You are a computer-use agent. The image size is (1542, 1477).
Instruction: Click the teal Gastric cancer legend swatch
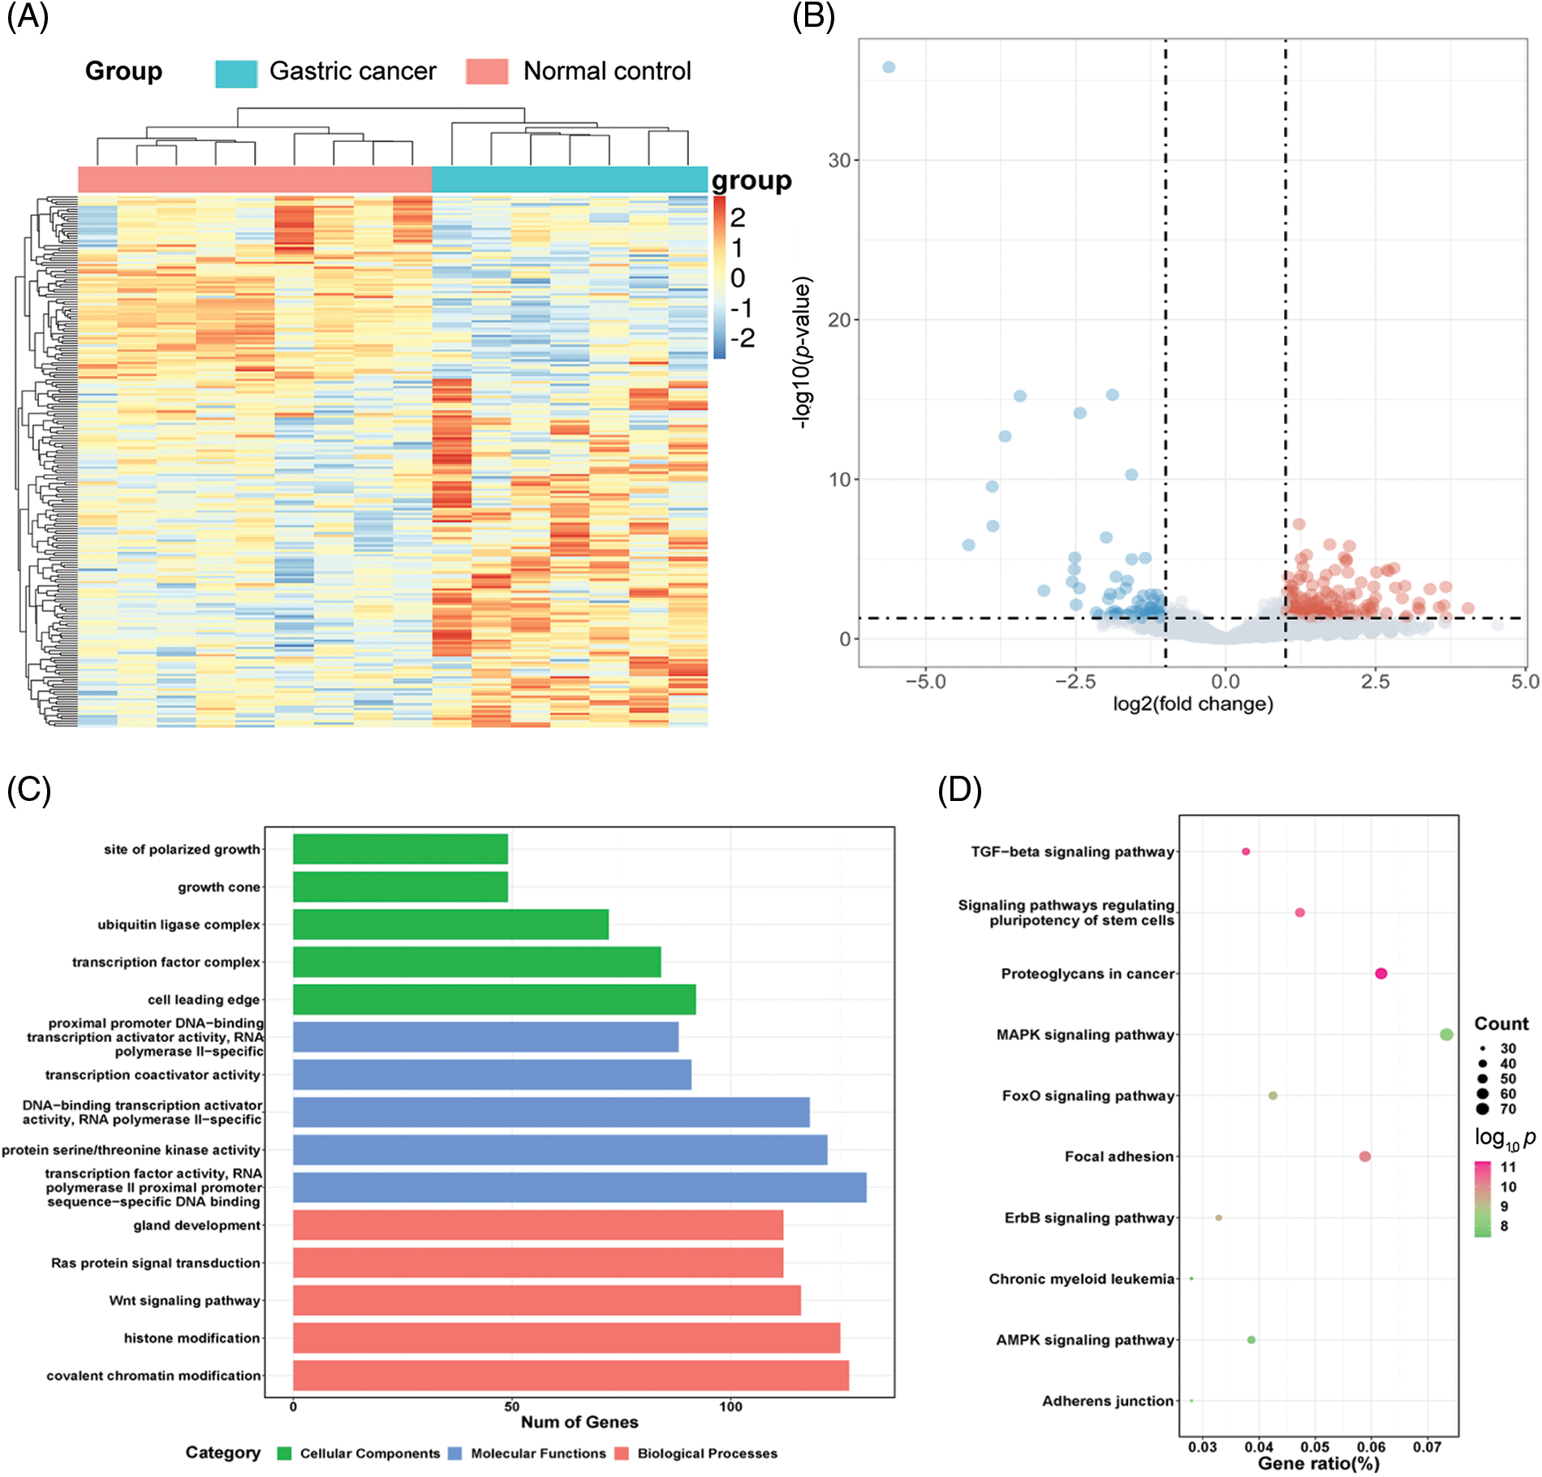coord(236,73)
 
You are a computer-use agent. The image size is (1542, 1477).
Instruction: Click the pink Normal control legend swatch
coord(487,71)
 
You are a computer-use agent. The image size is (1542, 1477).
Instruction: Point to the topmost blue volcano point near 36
coord(889,67)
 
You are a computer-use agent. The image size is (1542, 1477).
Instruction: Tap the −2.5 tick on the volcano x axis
coord(1075,682)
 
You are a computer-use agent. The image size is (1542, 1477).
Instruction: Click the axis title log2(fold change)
coord(1192,704)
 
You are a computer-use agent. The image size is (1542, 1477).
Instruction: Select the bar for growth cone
coord(400,887)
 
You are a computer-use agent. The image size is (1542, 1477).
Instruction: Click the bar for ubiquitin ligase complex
coord(450,924)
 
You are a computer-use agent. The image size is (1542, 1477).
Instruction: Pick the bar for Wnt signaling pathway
coord(546,1300)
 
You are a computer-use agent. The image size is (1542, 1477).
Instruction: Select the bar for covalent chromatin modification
coord(571,1376)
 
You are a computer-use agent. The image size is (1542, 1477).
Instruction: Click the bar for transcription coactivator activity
coord(492,1074)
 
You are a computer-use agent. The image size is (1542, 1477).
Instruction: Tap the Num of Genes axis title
coord(579,1422)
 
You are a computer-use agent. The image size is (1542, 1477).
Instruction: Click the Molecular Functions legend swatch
coord(455,1453)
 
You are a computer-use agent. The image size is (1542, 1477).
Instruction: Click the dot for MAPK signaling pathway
coord(1446,1035)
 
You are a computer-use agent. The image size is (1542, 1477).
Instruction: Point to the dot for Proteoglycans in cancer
coord(1381,974)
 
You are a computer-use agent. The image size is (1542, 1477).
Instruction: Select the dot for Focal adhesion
coord(1365,1156)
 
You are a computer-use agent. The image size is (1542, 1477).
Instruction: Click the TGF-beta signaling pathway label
coord(1072,852)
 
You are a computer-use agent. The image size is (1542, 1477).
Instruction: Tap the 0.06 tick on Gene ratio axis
coord(1371,1447)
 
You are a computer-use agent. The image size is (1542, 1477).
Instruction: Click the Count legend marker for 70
coord(1483,1109)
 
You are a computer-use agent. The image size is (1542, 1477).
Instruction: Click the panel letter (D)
coord(959,790)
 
